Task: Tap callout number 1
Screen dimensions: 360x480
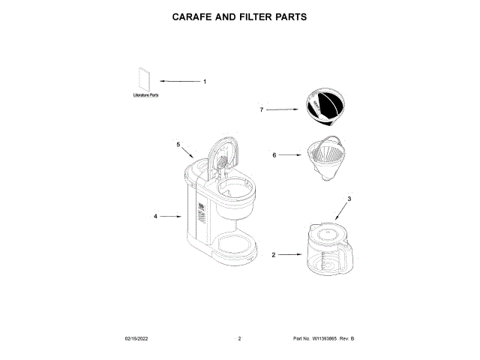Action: point(205,81)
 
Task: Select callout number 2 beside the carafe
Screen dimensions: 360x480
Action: point(273,255)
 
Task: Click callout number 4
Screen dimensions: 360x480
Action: point(155,216)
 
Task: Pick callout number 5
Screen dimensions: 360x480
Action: point(178,143)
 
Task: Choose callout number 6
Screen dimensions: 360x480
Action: point(274,155)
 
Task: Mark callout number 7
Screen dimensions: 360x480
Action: point(262,109)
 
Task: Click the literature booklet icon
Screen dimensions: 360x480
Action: point(145,79)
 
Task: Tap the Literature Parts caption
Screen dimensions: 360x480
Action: point(145,95)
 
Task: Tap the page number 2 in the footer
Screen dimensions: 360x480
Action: point(239,339)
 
